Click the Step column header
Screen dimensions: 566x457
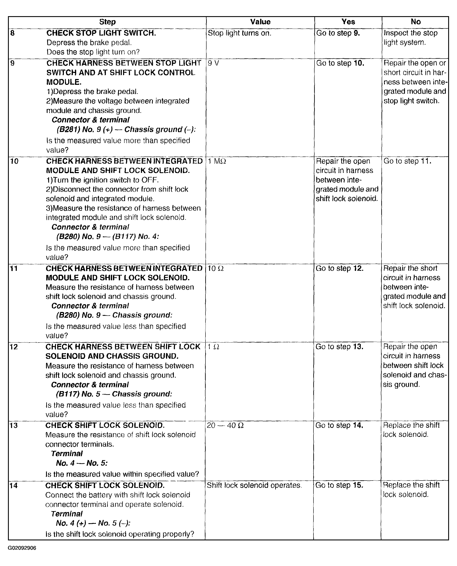click(107, 22)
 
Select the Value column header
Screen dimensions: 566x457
click(260, 22)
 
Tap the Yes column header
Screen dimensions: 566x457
click(348, 22)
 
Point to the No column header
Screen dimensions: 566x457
click(415, 22)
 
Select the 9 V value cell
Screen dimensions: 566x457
click(213, 63)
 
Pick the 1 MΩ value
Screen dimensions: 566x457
click(217, 161)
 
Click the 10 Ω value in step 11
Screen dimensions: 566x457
click(216, 268)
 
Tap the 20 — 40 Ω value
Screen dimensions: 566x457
click(225, 425)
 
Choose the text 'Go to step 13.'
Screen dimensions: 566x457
click(339, 347)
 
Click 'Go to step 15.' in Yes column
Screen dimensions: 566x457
click(339, 485)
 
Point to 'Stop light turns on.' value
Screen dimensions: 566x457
click(239, 33)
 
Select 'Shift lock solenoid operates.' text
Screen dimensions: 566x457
click(254, 485)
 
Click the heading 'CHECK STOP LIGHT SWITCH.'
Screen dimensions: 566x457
click(101, 33)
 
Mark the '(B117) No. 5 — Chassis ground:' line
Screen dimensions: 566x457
click(114, 394)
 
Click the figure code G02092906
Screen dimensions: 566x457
click(22, 548)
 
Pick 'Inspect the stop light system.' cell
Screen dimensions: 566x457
click(410, 38)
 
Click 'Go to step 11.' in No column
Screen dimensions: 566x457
click(407, 161)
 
